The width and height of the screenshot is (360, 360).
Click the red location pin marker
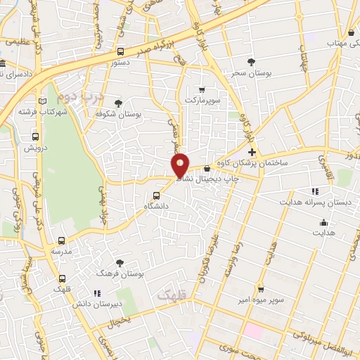point(181,165)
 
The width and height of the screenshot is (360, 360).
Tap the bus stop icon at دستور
point(120,51)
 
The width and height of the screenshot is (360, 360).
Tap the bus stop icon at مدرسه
point(61,240)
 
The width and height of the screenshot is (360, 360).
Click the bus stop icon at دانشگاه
point(157,196)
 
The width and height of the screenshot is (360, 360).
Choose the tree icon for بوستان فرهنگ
point(120,263)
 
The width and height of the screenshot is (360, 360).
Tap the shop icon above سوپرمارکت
point(202,90)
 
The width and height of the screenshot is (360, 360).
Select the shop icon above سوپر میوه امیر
point(260,289)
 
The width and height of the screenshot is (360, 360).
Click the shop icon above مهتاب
point(350,32)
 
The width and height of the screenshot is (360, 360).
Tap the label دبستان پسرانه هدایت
point(325,202)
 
